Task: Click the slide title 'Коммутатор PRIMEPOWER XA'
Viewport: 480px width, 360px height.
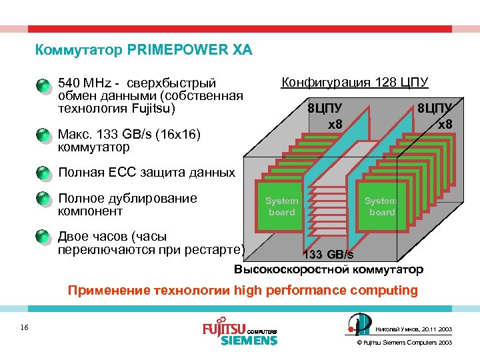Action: (x=143, y=50)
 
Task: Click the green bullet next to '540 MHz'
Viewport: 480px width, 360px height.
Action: (x=42, y=85)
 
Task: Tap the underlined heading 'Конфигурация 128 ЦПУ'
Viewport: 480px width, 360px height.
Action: (x=355, y=83)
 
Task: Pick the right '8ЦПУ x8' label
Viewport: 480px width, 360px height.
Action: (x=435, y=116)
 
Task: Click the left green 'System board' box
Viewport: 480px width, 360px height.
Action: (x=281, y=207)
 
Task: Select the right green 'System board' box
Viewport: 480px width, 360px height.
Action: (x=380, y=207)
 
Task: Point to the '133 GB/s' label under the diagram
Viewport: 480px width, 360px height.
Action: (x=328, y=255)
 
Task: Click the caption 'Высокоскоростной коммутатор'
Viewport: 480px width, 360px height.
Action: (x=328, y=269)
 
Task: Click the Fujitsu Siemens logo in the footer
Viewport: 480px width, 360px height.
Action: (x=239, y=333)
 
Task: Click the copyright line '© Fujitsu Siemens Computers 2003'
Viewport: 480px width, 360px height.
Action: (x=405, y=342)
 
